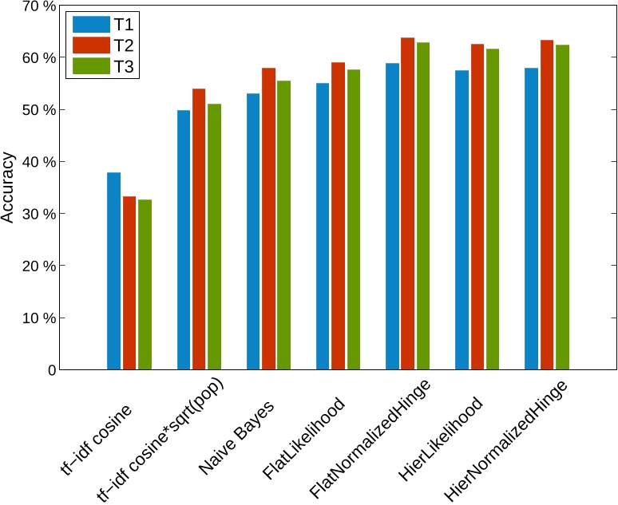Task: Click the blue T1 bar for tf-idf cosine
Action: click(x=114, y=271)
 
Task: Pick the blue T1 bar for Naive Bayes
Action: click(x=253, y=231)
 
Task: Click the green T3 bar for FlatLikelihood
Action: click(x=354, y=219)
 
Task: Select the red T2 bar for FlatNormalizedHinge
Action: click(x=407, y=203)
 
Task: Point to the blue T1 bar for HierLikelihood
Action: click(x=462, y=220)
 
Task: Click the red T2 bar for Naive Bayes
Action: click(x=268, y=219)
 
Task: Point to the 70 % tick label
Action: click(x=38, y=6)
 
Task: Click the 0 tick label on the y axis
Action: click(x=52, y=370)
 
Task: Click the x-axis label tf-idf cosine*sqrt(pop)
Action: click(x=160, y=440)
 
